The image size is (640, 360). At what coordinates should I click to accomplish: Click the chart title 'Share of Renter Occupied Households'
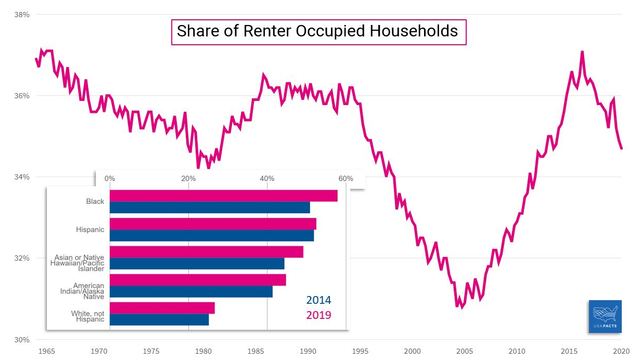point(318,31)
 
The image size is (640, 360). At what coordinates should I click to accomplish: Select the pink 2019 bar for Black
point(224,196)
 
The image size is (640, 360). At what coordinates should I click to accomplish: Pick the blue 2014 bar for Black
point(210,207)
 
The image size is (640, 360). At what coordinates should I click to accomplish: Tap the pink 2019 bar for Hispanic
point(213,224)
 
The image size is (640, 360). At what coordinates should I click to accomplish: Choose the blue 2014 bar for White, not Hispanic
point(159,320)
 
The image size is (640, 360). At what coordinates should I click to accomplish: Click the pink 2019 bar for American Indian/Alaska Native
point(198,280)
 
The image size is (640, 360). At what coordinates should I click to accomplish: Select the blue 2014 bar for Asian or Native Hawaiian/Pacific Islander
point(197,264)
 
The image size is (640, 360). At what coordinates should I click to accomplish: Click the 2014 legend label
point(319,300)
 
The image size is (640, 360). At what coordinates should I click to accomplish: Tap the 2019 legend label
point(319,315)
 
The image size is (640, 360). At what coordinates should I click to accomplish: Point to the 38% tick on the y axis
point(22,15)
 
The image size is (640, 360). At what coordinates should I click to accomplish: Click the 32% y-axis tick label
point(22,258)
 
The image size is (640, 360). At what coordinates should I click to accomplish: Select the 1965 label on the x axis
point(47,351)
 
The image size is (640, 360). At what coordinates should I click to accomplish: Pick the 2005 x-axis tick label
point(464,351)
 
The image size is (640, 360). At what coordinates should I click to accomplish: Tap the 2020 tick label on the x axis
point(622,351)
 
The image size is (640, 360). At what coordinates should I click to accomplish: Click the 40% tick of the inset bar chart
point(267,178)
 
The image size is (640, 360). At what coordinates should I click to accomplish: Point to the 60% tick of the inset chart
point(346,178)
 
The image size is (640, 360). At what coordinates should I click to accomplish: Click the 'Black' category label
point(95,201)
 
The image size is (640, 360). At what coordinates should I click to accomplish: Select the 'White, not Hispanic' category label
point(88,316)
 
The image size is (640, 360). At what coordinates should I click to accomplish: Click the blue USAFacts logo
point(605,316)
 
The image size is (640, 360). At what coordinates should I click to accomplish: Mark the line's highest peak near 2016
point(582,52)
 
